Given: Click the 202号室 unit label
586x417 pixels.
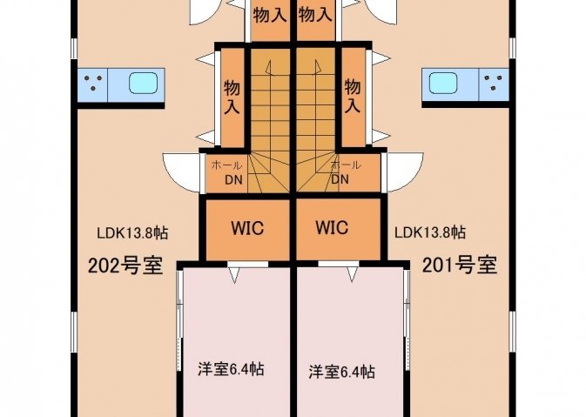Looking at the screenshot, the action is click(125, 266).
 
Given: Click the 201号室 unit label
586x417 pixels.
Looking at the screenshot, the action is click(460, 266).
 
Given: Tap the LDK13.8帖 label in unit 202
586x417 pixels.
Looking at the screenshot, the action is click(132, 233).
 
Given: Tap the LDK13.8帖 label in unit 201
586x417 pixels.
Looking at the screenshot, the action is click(430, 232).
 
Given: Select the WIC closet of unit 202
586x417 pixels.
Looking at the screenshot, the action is click(248, 229).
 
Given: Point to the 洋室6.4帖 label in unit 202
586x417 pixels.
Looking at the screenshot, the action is click(231, 369).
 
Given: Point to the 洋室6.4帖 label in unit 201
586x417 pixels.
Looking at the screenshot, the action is click(341, 372).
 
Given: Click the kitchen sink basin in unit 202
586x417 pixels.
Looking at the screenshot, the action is click(143, 83).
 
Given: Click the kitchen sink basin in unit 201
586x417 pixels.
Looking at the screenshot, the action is click(443, 83).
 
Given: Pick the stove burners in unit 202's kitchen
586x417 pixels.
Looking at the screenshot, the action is click(93, 83).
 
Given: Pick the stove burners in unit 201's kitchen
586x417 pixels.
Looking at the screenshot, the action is click(494, 83).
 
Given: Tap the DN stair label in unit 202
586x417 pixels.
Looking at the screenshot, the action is click(233, 180).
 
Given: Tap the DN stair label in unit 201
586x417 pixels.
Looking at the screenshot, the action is click(340, 179).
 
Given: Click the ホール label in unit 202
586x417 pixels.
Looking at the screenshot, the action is click(226, 165).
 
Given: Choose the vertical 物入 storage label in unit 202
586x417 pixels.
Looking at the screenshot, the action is click(232, 98).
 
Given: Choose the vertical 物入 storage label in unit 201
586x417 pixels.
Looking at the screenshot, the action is click(353, 97).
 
